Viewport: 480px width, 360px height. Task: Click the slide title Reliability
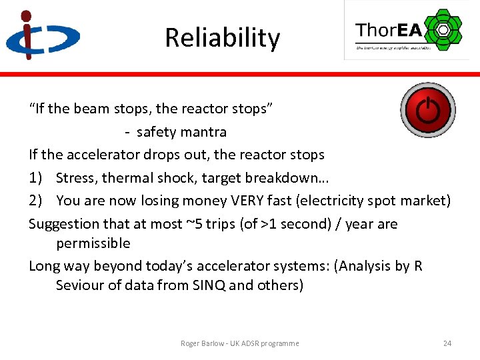[x=222, y=38]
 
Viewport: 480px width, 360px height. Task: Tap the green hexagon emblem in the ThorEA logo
[x=443, y=30]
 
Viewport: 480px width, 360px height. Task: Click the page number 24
[x=447, y=343]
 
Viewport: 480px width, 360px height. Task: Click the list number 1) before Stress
[x=36, y=178]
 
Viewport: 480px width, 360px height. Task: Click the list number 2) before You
[x=36, y=201]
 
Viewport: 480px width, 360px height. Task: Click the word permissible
[x=93, y=243]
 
